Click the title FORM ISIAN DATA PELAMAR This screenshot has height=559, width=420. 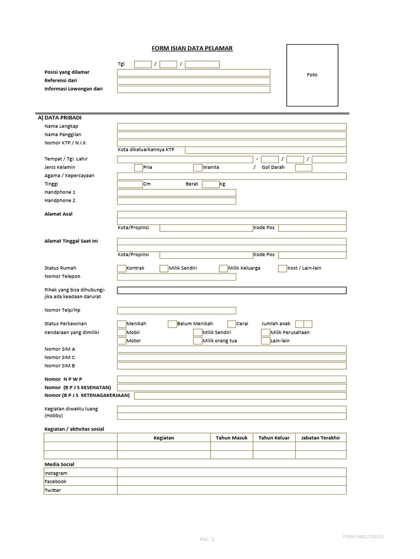pyautogui.click(x=192, y=49)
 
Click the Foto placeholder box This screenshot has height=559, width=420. pyautogui.click(x=312, y=75)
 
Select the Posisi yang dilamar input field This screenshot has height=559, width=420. pyautogui.click(x=194, y=73)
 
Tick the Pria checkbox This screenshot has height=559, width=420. pyautogui.click(x=138, y=168)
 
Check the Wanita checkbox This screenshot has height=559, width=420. pyautogui.click(x=197, y=168)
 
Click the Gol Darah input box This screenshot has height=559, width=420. pyautogui.click(x=304, y=168)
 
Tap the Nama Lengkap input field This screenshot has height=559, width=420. pyautogui.click(x=231, y=127)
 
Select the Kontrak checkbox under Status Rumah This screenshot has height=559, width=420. pyautogui.click(x=121, y=269)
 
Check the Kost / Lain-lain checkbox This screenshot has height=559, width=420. pyautogui.click(x=283, y=269)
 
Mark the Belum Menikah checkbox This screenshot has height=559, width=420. pyautogui.click(x=172, y=324)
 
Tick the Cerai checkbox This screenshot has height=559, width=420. pyautogui.click(x=232, y=324)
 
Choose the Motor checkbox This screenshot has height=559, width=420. pyautogui.click(x=121, y=341)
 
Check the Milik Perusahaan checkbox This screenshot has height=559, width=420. pyautogui.click(x=266, y=332)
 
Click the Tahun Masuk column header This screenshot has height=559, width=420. pyautogui.click(x=231, y=438)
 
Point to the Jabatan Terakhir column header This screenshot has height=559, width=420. pyautogui.click(x=320, y=438)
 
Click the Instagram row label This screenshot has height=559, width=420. pyautogui.click(x=56, y=473)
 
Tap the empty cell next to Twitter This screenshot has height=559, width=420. pyautogui.click(x=231, y=490)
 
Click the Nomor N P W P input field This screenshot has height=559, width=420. pyautogui.click(x=231, y=379)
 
